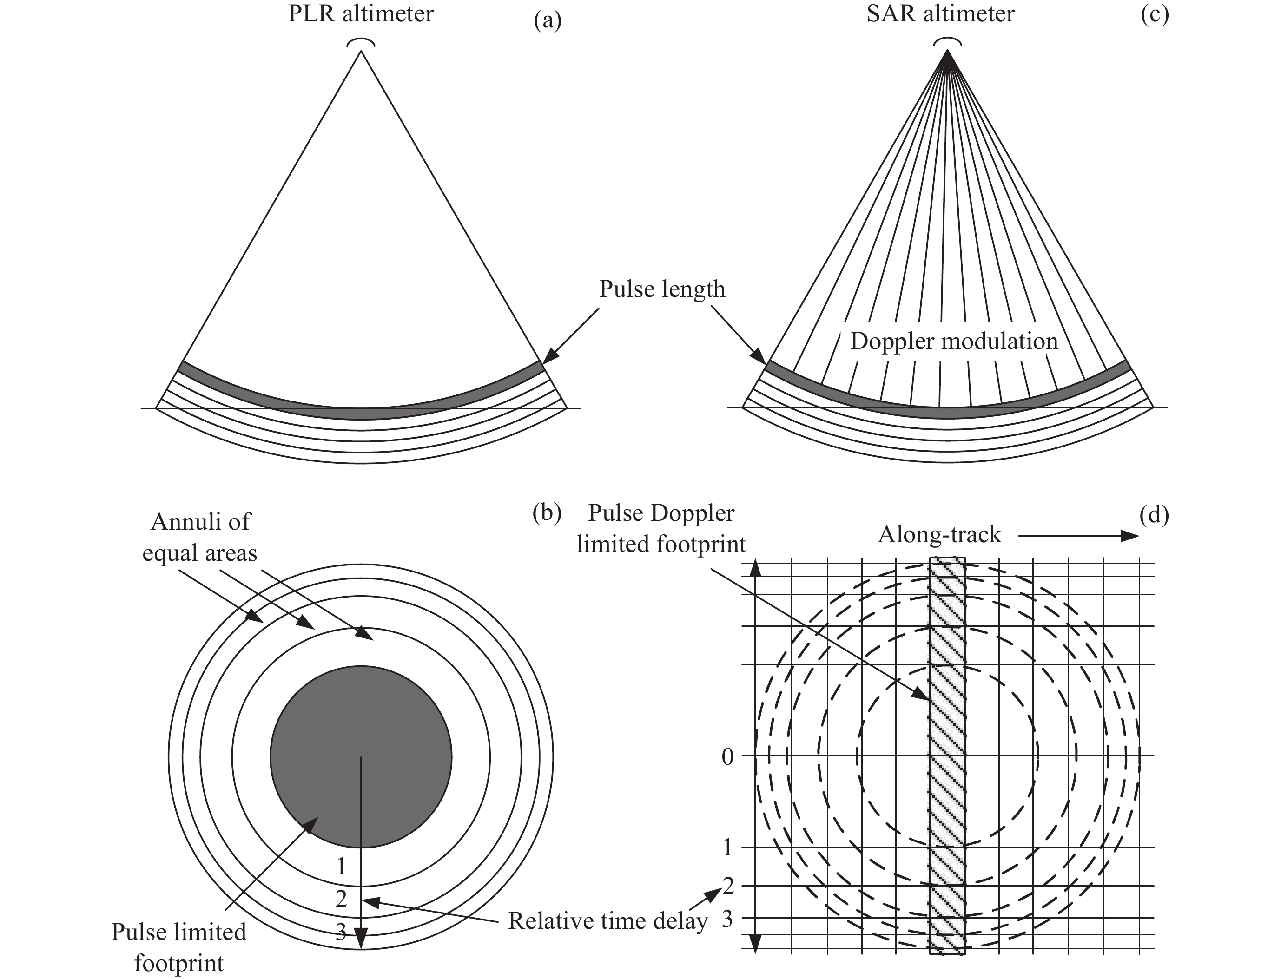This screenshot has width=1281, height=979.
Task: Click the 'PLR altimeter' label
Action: click(x=361, y=14)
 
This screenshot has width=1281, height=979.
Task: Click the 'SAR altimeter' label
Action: click(x=940, y=14)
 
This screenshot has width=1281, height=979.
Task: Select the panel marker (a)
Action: click(x=547, y=21)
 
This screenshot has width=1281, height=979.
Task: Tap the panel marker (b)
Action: click(x=547, y=513)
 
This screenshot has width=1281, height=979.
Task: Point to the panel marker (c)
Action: click(x=1155, y=15)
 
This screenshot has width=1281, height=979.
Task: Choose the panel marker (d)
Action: click(x=1155, y=515)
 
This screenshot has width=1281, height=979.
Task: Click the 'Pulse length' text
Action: click(x=662, y=289)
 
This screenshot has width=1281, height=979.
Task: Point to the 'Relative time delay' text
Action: click(x=608, y=921)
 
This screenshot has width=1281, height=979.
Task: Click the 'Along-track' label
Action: click(x=939, y=534)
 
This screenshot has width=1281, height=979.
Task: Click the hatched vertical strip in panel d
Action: click(x=947, y=757)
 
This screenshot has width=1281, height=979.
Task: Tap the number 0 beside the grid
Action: click(x=727, y=757)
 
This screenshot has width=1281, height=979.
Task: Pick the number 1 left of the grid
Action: click(x=727, y=848)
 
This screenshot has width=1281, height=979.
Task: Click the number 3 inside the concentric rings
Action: click(x=341, y=933)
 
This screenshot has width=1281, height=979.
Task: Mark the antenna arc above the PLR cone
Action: click(x=361, y=42)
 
